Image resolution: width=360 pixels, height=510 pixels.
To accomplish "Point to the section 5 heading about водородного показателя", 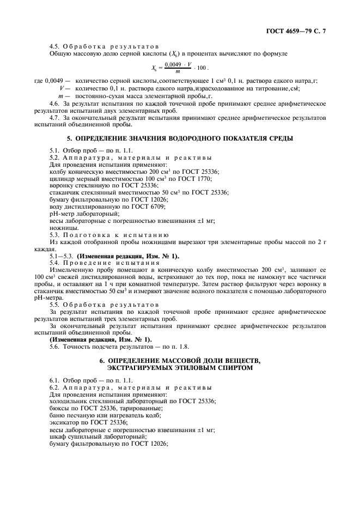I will (179, 138).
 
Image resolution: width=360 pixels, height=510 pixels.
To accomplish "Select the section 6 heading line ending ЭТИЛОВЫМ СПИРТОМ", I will (180, 368).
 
